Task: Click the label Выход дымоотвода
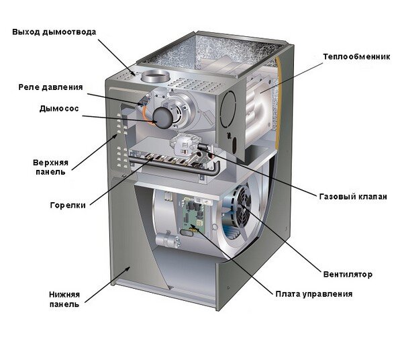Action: pos(54,32)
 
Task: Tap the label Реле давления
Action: pos(50,87)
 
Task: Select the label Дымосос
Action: pos(59,109)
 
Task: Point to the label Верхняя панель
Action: pos(50,167)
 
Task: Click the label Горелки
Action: pos(68,205)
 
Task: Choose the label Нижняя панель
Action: pos(64,300)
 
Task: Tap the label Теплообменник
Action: pos(356,56)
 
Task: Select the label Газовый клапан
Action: pos(353,196)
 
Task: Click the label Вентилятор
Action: pos(348,275)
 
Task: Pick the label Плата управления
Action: pos(314,294)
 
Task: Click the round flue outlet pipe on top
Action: pos(155,75)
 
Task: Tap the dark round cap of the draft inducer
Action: pos(162,118)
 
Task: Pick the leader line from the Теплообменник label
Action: pos(291,77)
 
